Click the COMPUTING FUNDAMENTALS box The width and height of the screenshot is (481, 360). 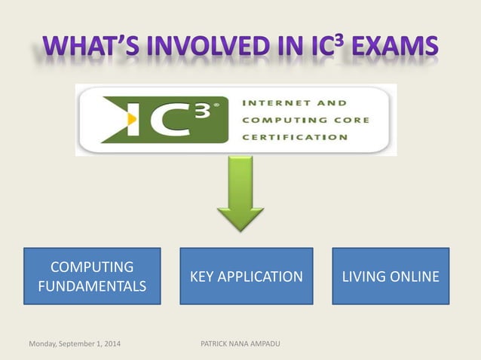[x=92, y=276]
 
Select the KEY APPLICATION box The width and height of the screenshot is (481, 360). [x=246, y=276]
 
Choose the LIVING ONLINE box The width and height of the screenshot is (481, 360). [x=391, y=276]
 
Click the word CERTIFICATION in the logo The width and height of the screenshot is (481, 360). [x=296, y=137]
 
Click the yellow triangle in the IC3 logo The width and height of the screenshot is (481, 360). [x=132, y=119]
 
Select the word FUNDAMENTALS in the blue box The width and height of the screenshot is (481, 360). [x=92, y=286]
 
